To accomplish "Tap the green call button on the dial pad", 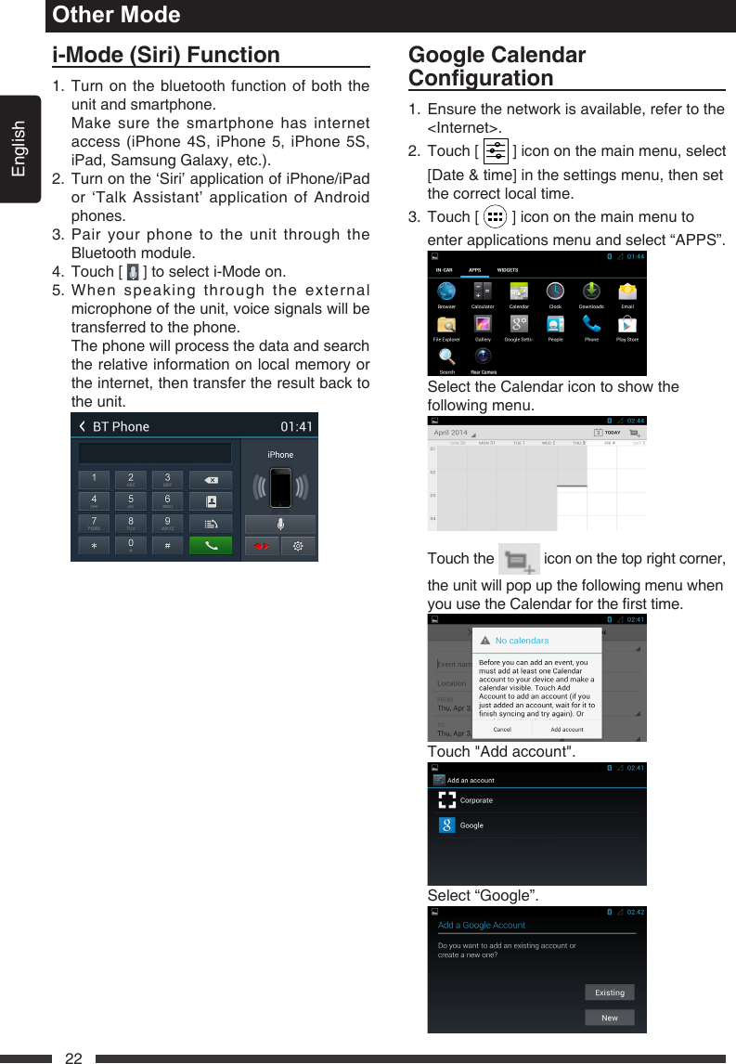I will click(x=211, y=545).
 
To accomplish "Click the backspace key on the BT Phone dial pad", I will click(x=211, y=479).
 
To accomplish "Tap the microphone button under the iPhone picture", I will click(x=280, y=523).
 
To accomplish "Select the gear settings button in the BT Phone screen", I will click(x=298, y=545).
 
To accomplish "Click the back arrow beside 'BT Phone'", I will click(x=82, y=427).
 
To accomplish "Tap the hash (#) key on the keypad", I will click(x=167, y=545).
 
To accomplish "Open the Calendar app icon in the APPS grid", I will click(x=519, y=292).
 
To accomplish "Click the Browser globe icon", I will click(x=446, y=292).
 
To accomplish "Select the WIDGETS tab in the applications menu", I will click(x=508, y=270).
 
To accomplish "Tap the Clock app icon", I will click(x=555, y=292).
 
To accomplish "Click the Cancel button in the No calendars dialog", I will click(x=502, y=729).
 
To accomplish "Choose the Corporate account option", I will click(x=476, y=800).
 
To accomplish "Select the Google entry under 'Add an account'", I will click(x=471, y=825).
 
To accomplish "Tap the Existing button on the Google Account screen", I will click(x=610, y=993).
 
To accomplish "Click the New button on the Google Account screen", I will click(x=610, y=1018).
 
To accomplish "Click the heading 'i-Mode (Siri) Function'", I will click(x=166, y=55).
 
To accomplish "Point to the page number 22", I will click(x=73, y=1058).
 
